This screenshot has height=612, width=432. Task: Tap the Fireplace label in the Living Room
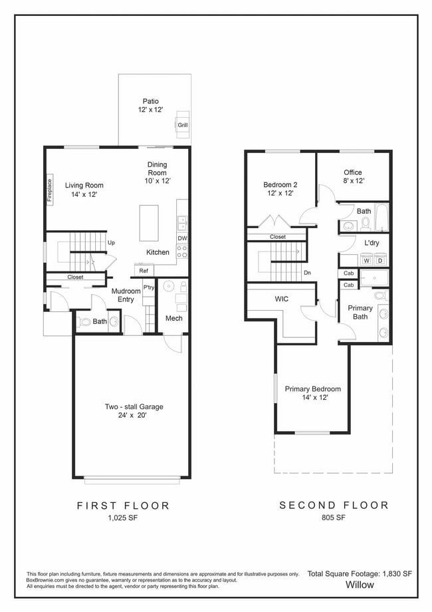pos(50,189)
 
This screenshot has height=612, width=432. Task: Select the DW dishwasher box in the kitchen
pos(182,238)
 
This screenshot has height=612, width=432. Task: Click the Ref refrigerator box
pos(143,271)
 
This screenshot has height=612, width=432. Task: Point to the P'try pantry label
pos(148,287)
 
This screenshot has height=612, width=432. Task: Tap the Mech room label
pos(173,319)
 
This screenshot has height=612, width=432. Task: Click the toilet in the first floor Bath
pos(84,323)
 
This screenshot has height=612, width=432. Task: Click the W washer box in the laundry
pos(366,261)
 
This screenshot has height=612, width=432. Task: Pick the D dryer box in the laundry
pos(379,261)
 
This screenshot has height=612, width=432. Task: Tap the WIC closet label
pos(281,299)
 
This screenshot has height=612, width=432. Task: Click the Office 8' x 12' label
pos(354,176)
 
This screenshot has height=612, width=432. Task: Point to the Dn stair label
pos(306,272)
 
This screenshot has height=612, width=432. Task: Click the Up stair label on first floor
pos(111,243)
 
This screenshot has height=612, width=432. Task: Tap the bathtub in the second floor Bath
pos(381,218)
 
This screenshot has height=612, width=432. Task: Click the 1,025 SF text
pos(123,518)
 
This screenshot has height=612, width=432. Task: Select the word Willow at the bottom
pos(360,585)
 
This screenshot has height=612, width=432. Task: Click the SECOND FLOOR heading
pos(334,506)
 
